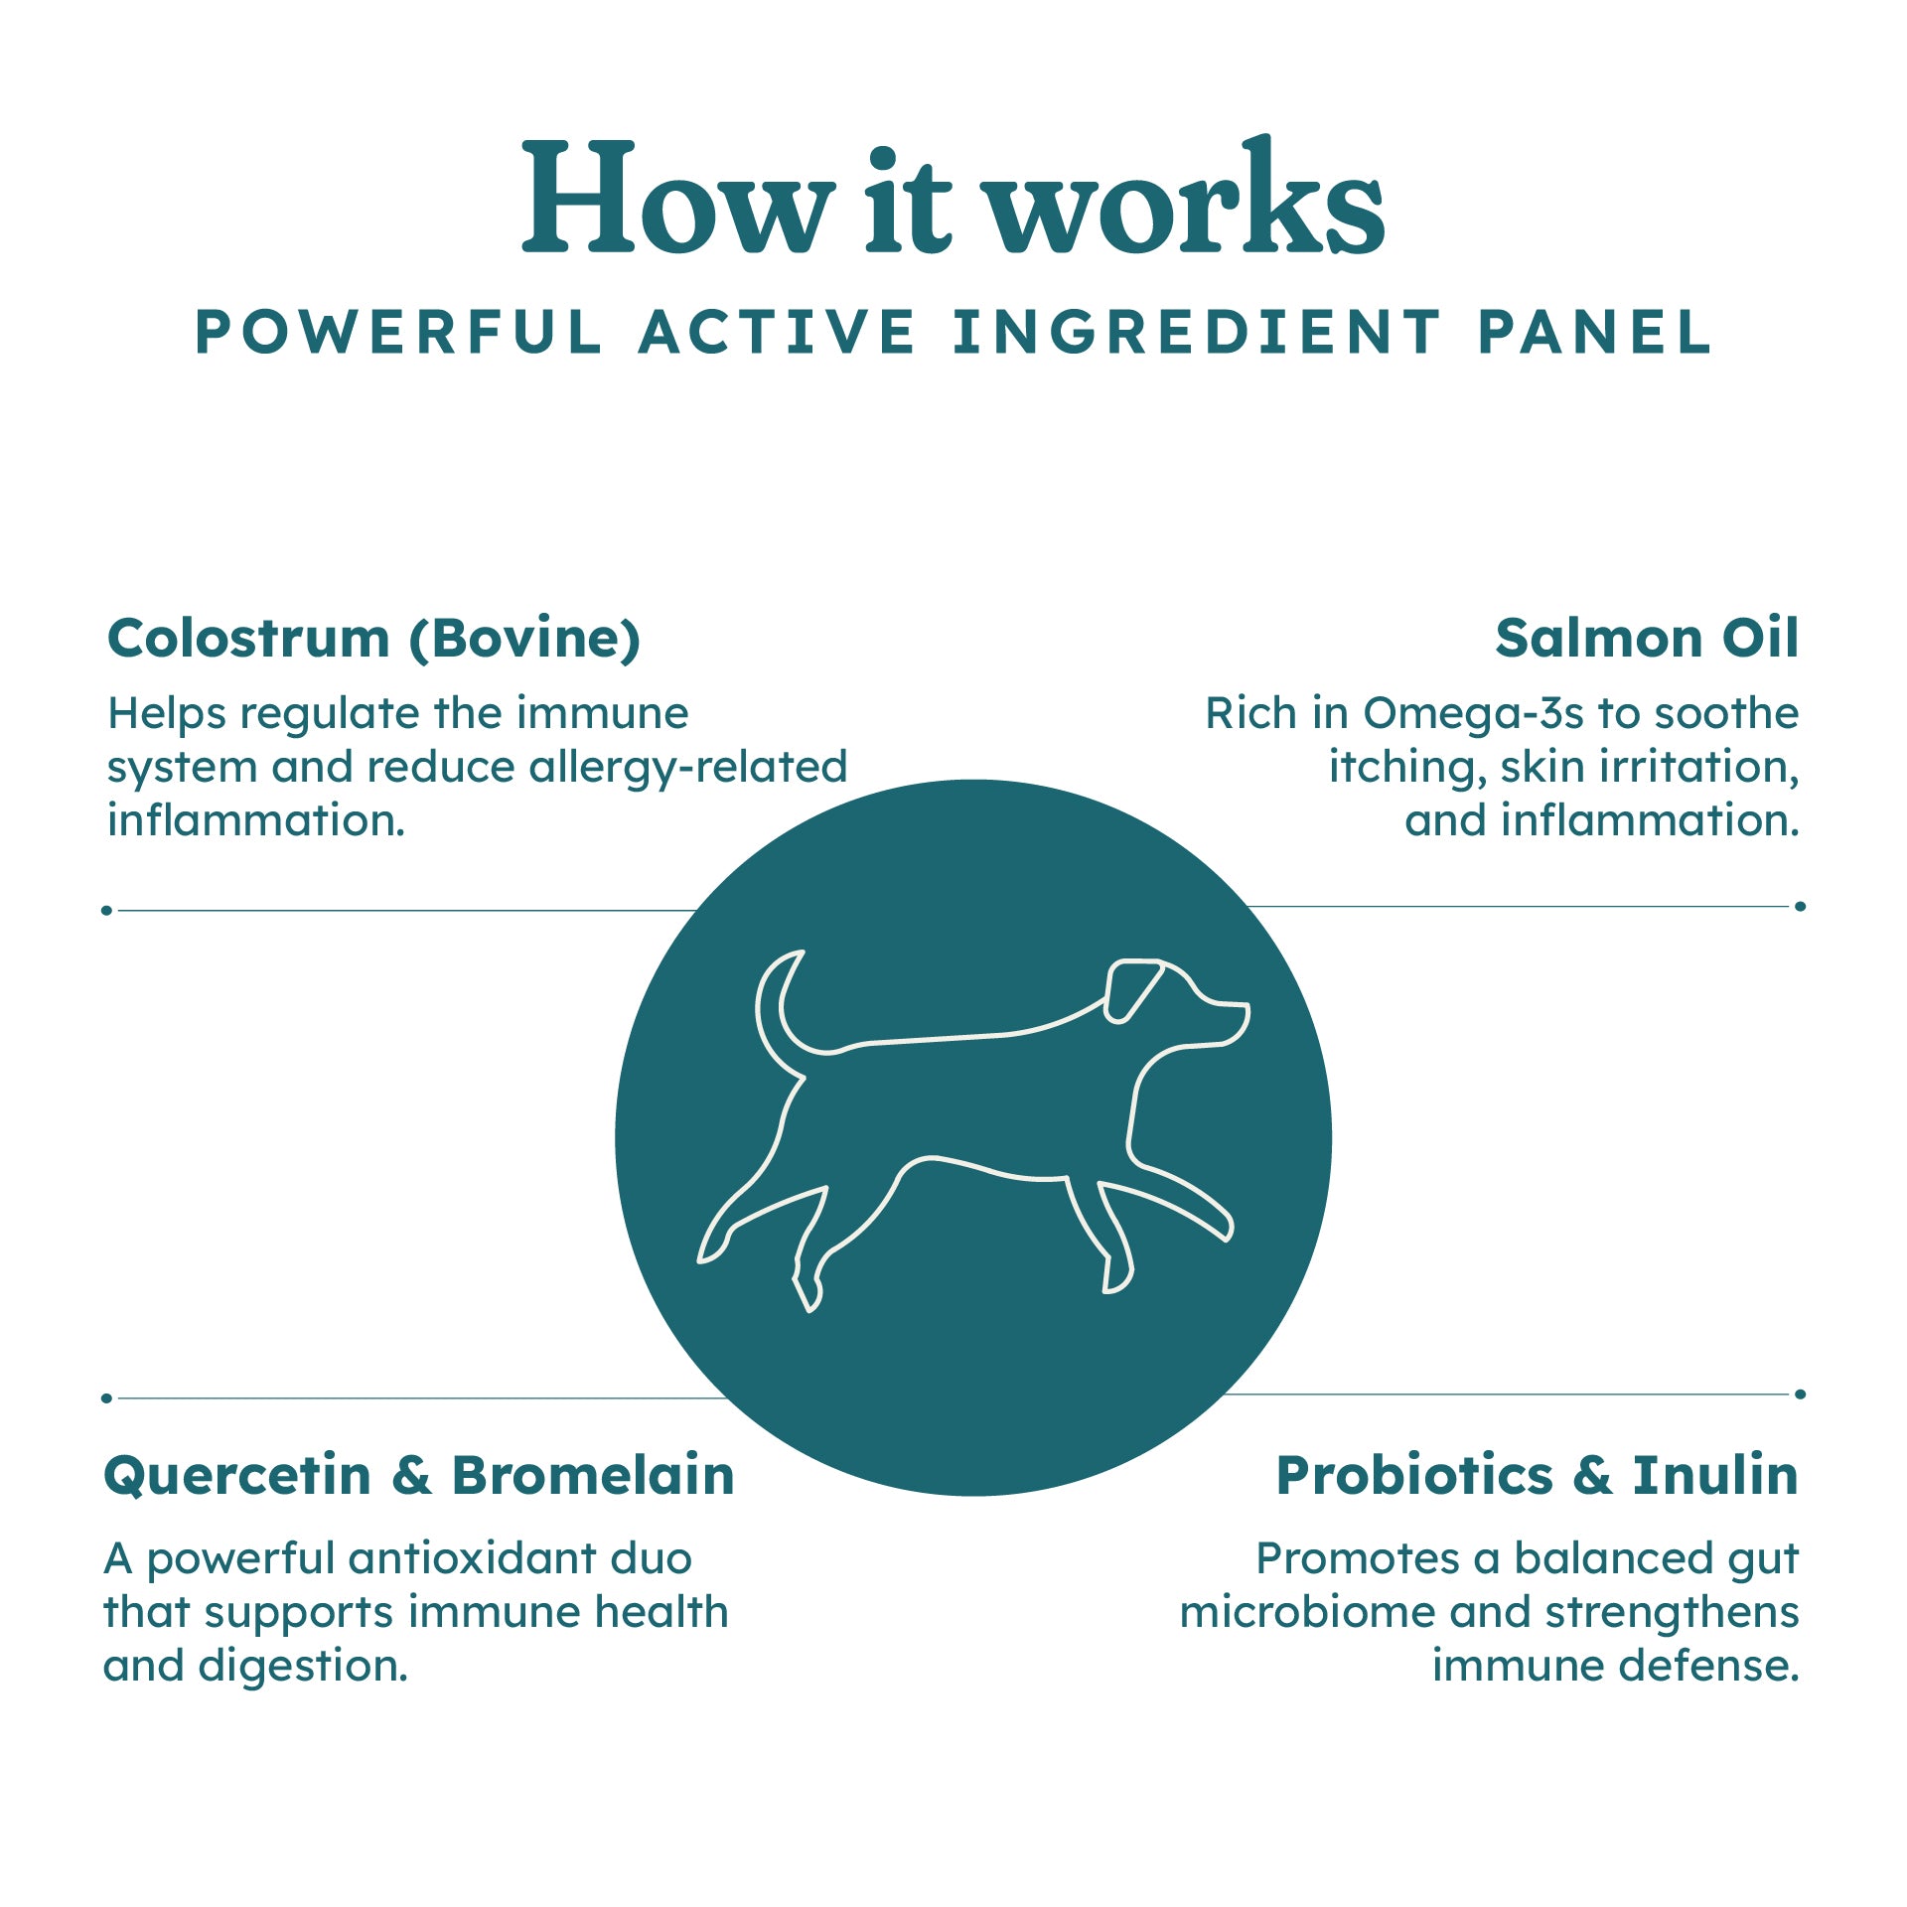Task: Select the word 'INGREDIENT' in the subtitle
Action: pos(1196,332)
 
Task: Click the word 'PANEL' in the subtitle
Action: pos(1595,332)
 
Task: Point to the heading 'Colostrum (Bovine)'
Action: pos(373,639)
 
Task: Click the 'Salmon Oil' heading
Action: pos(1647,638)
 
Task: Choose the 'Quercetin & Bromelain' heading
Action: pos(418,1476)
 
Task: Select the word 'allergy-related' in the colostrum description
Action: pos(687,768)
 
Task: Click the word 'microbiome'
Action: pos(1307,1612)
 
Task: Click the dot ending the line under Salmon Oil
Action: pos(1800,906)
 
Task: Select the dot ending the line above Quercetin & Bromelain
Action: pos(106,1397)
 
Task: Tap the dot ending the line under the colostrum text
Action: pos(106,910)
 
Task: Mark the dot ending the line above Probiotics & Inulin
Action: pos(1800,1394)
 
